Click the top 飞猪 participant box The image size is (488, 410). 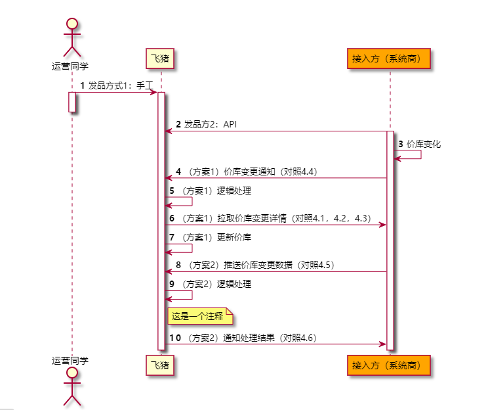coord(161,58)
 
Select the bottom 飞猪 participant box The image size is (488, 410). coord(161,364)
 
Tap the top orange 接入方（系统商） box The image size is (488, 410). coord(390,58)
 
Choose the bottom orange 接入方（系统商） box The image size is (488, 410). coord(390,364)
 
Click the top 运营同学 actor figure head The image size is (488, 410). coord(71,25)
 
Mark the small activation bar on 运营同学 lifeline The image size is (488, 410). coord(71,102)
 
